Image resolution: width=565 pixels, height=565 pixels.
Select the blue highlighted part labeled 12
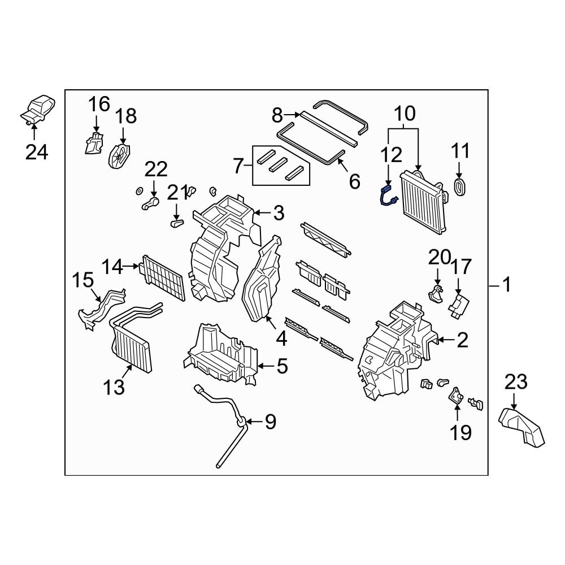click(x=389, y=198)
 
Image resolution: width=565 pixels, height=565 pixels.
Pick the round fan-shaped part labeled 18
click(x=119, y=154)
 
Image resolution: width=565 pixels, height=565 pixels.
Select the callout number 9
click(x=271, y=421)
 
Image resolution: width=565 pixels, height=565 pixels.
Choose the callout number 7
click(x=238, y=166)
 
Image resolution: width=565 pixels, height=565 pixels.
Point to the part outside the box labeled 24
click(x=40, y=109)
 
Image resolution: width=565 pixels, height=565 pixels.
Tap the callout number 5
click(x=281, y=367)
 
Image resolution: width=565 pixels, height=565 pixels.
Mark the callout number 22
click(x=157, y=169)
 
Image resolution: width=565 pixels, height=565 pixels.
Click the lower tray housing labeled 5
click(x=220, y=356)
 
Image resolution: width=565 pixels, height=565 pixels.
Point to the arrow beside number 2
click(x=445, y=340)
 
